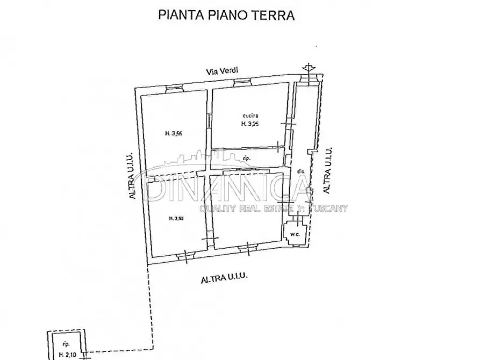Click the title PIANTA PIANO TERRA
226,15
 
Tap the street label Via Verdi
224,70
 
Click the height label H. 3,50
176,218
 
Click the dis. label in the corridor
300,171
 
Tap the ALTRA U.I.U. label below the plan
224,279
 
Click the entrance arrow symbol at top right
307,67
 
